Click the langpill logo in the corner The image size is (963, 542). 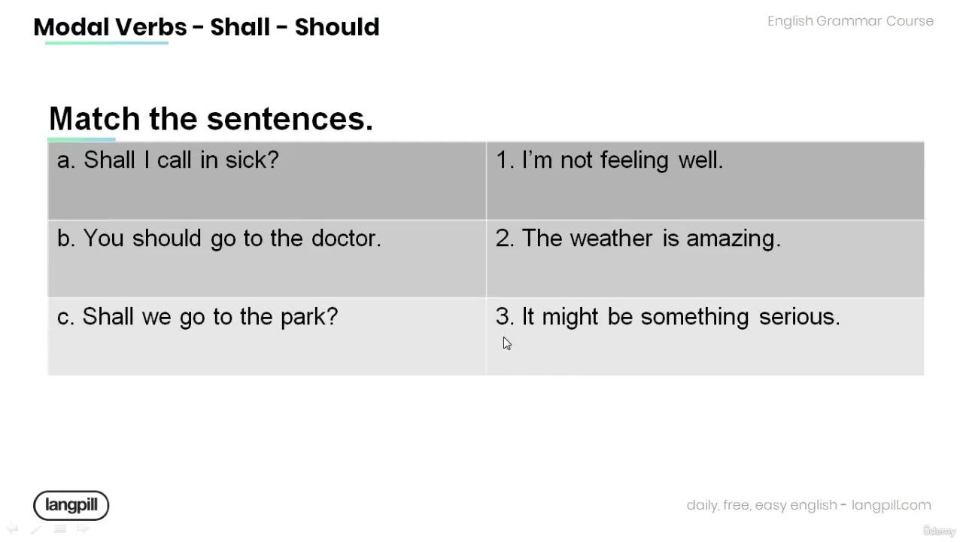tap(71, 505)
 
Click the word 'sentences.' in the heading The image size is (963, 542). tap(290, 119)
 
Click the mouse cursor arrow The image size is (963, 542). tap(506, 343)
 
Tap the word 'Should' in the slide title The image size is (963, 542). tap(337, 27)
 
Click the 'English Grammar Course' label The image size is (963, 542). tap(850, 21)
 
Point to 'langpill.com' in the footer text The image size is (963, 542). tap(892, 505)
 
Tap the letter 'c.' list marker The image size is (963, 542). tap(66, 317)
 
